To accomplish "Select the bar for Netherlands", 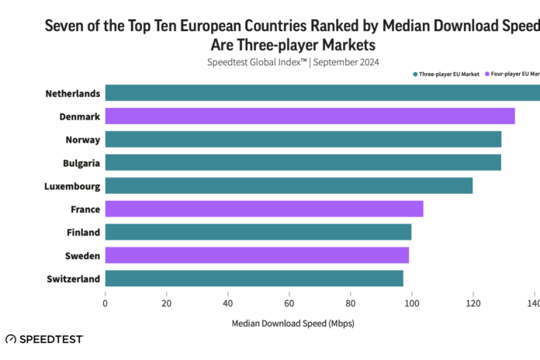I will click(x=322, y=93).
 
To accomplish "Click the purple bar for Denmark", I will click(x=310, y=116).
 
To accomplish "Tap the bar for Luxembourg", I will click(x=289, y=185).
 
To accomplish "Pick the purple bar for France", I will click(x=264, y=209).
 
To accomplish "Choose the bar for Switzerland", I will click(x=254, y=279).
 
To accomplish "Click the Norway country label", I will click(x=82, y=140).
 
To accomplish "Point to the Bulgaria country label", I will click(x=81, y=163).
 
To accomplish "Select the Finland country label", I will click(x=83, y=232).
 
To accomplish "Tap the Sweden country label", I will click(x=83, y=255).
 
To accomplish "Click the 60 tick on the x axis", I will click(x=289, y=303).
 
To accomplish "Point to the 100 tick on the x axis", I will click(x=411, y=303).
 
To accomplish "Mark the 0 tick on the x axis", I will click(x=105, y=303).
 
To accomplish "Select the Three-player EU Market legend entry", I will click(x=446, y=74).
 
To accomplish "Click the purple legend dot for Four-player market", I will click(x=488, y=74).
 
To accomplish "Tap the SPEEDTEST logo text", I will click(x=50, y=339).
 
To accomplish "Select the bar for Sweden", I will click(x=257, y=255).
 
